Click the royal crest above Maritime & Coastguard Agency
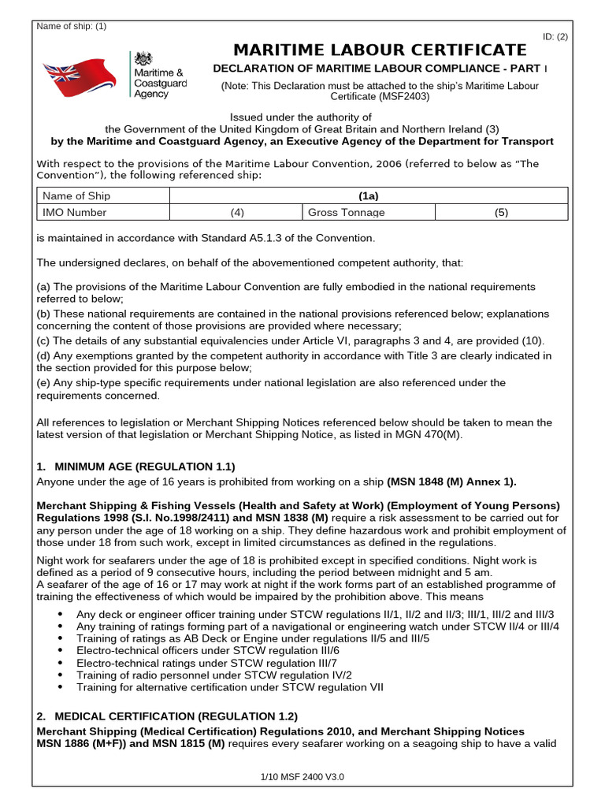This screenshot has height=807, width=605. click(x=143, y=59)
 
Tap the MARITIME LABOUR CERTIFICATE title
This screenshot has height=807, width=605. click(x=378, y=50)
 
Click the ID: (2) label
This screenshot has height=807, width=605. click(x=555, y=37)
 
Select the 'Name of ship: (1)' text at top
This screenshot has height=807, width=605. click(x=72, y=26)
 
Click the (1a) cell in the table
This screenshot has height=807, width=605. click(x=369, y=196)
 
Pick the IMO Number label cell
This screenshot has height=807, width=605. click(x=74, y=213)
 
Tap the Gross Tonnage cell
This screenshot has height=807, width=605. click(x=347, y=213)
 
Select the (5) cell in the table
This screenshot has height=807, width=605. click(x=501, y=213)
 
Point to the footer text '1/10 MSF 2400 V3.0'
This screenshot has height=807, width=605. click(x=302, y=777)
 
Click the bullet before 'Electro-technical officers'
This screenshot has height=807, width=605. click(x=62, y=651)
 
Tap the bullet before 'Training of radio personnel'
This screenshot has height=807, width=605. click(x=62, y=675)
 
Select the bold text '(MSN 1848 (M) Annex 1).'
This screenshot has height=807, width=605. click(x=451, y=482)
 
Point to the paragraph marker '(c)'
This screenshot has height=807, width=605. click(x=43, y=341)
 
